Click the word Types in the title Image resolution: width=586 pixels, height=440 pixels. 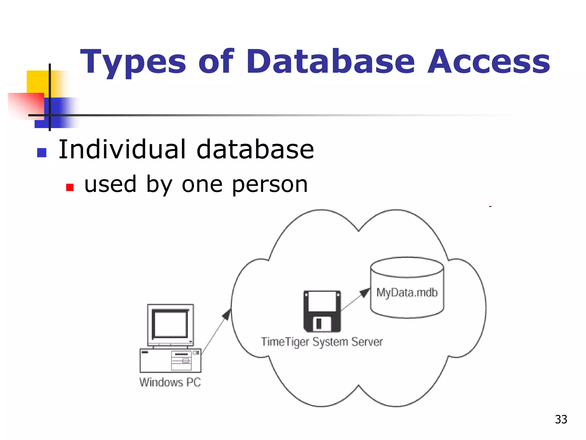coord(133,62)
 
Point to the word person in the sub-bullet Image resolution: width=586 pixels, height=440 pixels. coord(270,185)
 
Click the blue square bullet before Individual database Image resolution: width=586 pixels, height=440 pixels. coord(42,152)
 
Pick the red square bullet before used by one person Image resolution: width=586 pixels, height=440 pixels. coord(70,187)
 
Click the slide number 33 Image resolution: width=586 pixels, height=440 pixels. coord(561,419)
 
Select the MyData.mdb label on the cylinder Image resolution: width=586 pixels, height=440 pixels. coord(407,292)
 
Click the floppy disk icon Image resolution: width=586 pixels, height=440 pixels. coord(322,311)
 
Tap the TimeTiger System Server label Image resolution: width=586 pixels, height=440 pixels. coord(322,342)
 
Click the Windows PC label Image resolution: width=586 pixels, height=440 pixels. coord(170,382)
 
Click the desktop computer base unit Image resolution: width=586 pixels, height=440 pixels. coord(170,360)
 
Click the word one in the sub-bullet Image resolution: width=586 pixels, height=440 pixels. coord(202,185)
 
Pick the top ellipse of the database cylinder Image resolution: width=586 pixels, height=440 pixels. coord(407,267)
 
